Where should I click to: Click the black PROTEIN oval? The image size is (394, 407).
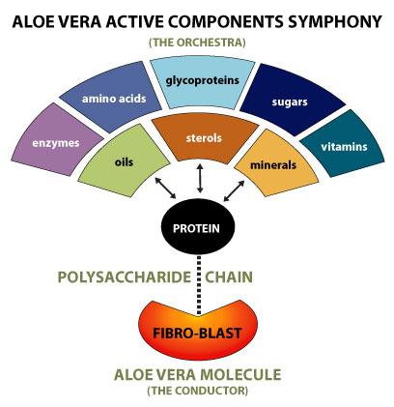pyautogui.click(x=198, y=229)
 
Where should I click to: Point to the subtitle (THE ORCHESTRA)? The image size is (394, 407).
pyautogui.click(x=197, y=43)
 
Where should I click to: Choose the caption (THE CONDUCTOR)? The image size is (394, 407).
pyautogui.click(x=197, y=392)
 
